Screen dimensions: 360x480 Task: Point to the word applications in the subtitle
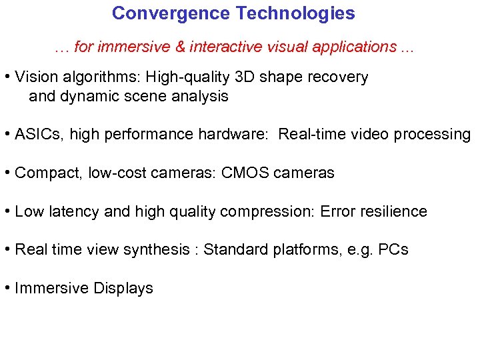click(357, 47)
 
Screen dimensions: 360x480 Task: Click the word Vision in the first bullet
click(33, 77)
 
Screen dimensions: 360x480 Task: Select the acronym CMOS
click(249, 173)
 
